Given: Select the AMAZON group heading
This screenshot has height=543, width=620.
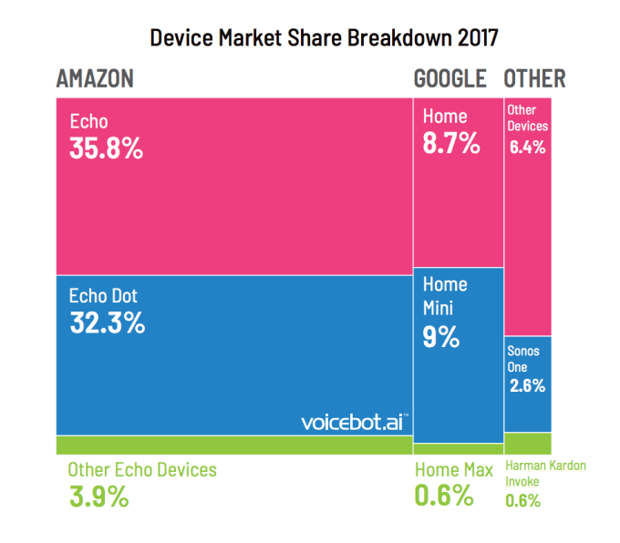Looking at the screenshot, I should coord(95,78).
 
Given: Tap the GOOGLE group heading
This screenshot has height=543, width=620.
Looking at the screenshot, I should coord(450,78).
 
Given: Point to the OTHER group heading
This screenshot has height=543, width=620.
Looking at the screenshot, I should coord(534,78).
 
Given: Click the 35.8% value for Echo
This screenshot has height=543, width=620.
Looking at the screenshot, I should coord(107,149).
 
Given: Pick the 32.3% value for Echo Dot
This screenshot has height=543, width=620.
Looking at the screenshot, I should coord(107,323).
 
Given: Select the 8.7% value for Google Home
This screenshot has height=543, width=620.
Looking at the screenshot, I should coord(450,143).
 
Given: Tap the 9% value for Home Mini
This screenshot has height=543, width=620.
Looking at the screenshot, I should coord(440,337).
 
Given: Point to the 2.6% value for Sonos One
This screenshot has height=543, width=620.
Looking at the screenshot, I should coord(527,385).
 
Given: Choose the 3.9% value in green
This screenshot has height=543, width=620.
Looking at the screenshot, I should coord(98,497).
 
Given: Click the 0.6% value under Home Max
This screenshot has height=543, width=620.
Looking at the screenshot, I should coord(444,497).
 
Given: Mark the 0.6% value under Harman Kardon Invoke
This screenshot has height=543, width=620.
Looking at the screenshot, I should coord(522,500).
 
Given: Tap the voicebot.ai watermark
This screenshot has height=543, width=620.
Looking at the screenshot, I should coord(354,422).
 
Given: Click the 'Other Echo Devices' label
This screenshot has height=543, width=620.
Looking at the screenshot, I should coord(142,470).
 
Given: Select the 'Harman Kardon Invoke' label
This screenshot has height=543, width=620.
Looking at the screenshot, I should coord(544,473).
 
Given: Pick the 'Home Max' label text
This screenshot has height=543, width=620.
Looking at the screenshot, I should coord(454,470).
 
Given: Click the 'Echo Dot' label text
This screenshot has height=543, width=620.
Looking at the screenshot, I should coord(103,296).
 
